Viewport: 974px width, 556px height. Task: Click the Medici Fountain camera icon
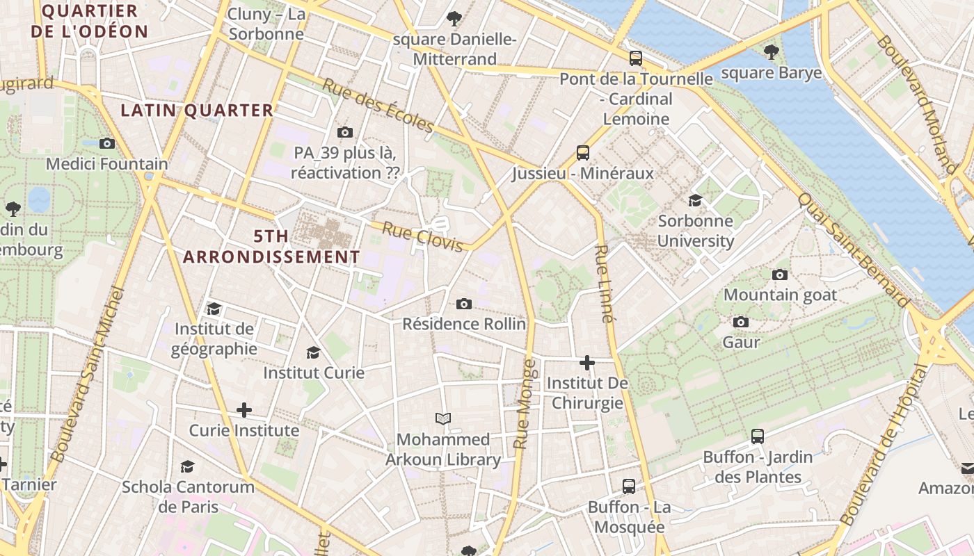click(x=106, y=143)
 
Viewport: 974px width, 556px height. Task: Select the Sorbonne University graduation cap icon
click(x=695, y=201)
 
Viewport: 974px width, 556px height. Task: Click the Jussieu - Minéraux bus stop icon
click(x=583, y=152)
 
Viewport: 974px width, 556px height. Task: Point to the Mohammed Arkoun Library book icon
click(x=443, y=418)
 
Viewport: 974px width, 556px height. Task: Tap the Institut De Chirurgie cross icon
click(x=587, y=362)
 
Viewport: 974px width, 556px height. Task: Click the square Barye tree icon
click(x=771, y=52)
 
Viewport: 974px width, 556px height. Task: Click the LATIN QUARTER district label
click(x=197, y=111)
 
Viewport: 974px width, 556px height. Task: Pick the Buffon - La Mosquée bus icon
click(x=629, y=486)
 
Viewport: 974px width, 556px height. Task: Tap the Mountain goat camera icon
click(x=780, y=275)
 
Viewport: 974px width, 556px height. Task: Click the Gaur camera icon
click(x=741, y=322)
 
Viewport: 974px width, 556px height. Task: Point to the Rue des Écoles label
click(x=378, y=105)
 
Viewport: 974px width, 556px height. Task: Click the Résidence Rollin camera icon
click(x=464, y=304)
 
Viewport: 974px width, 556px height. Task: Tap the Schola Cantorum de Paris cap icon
click(x=187, y=466)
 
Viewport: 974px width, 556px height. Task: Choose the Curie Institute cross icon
click(x=243, y=410)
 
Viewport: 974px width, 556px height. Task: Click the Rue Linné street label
click(x=605, y=284)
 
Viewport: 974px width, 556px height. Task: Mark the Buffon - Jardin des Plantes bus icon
click(x=758, y=436)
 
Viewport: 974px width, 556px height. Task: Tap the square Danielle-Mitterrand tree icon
click(x=454, y=19)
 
